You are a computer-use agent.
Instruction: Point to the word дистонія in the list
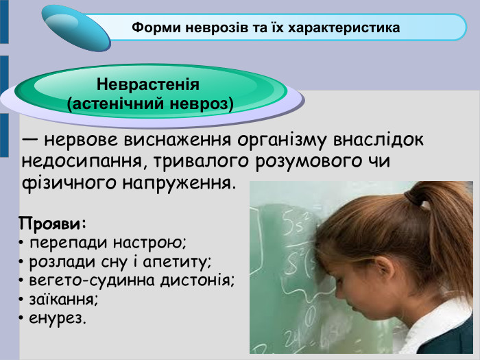tap(199, 280)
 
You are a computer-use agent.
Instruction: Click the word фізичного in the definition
tap(61, 184)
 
